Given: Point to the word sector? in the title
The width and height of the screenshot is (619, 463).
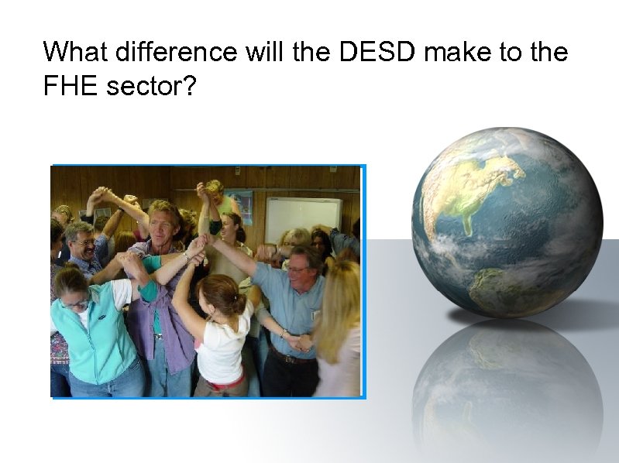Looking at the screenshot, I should [151, 87].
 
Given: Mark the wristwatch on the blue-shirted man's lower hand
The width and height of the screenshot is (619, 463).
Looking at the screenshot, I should [284, 334].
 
